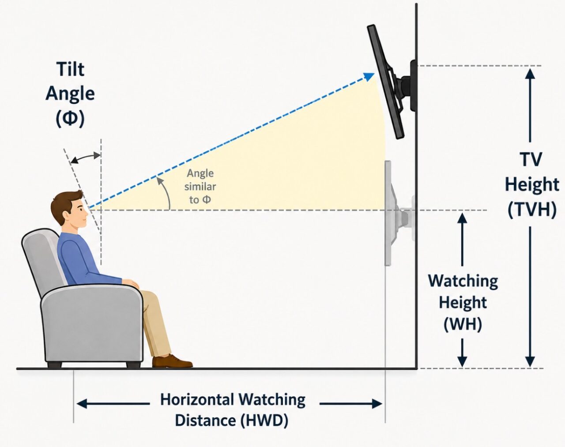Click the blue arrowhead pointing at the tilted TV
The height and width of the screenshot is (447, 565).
369,76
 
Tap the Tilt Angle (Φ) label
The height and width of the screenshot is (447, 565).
70,95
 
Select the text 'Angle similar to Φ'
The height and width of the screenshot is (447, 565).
200,186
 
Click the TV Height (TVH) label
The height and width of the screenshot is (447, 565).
532,185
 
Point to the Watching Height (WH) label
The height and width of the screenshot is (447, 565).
463,303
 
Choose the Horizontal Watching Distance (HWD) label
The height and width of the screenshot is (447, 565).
233,410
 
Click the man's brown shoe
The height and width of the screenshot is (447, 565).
172,361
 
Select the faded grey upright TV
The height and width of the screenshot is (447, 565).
388,213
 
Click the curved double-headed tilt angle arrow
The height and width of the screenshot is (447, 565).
86,158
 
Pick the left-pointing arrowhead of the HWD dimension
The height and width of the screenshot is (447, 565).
81,403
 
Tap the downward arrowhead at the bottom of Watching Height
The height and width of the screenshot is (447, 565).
462,361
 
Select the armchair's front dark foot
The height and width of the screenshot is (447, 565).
133,364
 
